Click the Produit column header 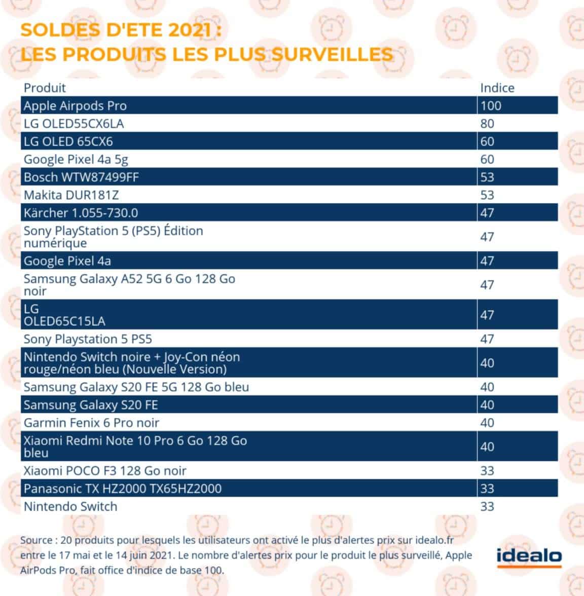(x=45, y=88)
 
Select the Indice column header (x=497, y=88)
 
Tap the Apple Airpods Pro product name (x=75, y=106)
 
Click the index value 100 (x=490, y=106)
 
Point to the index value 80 (x=487, y=124)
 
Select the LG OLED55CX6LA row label (x=74, y=124)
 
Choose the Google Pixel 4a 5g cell (x=76, y=159)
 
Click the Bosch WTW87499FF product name (x=81, y=177)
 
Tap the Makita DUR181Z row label (x=71, y=195)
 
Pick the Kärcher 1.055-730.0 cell (x=81, y=213)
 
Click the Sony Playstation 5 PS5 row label (x=88, y=339)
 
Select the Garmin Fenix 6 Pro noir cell (x=91, y=423)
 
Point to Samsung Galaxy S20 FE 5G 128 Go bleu (x=136, y=387)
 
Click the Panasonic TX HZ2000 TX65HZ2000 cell (x=122, y=489)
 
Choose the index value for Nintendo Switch (x=487, y=506)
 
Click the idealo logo (x=529, y=556)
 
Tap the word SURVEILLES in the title (x=332, y=54)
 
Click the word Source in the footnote (x=36, y=540)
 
